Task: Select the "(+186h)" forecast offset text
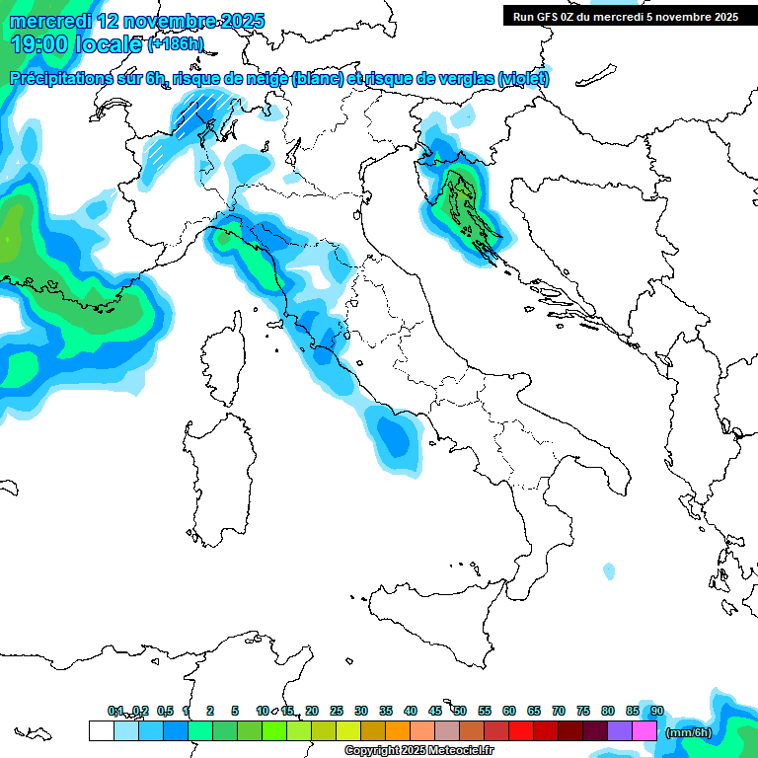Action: [176, 44]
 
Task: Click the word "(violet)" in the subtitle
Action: [523, 79]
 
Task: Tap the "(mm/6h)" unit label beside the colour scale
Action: [689, 731]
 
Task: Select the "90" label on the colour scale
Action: [657, 711]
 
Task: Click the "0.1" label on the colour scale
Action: [115, 711]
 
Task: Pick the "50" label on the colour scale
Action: [460, 711]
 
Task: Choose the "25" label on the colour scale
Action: [337, 711]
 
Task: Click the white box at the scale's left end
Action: [101, 731]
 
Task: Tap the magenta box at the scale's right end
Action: [644, 731]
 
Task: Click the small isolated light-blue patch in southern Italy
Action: [609, 571]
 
